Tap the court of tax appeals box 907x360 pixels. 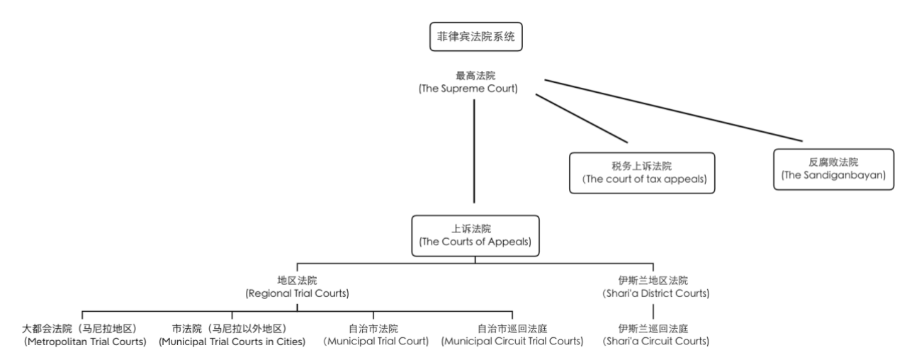pos(641,172)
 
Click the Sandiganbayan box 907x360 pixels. pos(833,168)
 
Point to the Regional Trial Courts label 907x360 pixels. pos(297,286)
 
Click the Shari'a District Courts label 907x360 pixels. pos(653,286)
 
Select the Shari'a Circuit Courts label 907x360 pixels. pos(653,334)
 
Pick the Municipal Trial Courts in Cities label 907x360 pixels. pos(232,334)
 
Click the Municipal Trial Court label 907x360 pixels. pos(373,334)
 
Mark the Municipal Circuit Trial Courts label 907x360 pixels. pos(512,334)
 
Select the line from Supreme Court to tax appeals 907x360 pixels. pos(581,118)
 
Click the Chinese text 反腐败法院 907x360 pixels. pos(833,162)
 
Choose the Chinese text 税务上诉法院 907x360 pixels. pos(641,167)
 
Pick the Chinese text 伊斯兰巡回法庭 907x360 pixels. pos(653,329)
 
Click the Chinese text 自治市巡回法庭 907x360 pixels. pos(512,329)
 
